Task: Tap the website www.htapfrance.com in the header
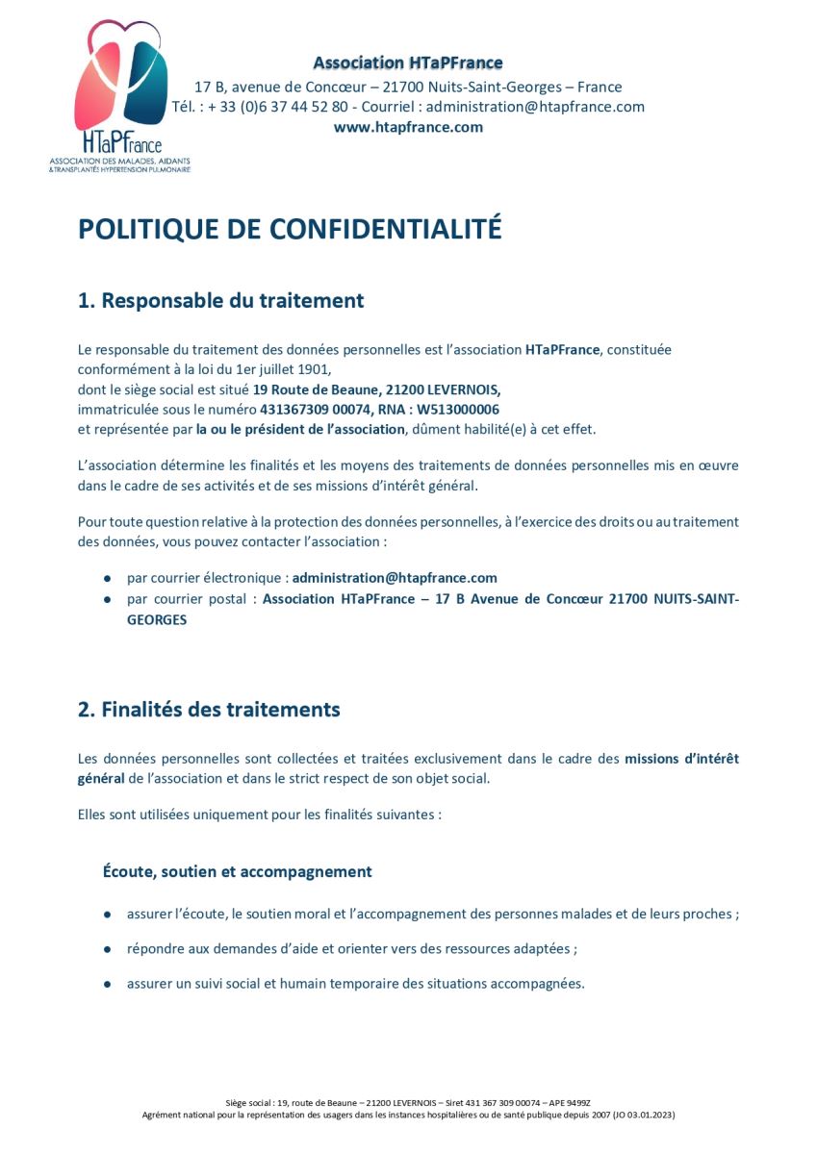[408, 127]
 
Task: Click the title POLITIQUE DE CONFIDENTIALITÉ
[290, 228]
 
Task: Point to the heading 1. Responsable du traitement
[220, 300]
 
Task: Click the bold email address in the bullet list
[395, 578]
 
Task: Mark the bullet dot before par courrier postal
[107, 599]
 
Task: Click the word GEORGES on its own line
[157, 620]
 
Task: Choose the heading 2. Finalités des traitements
[209, 710]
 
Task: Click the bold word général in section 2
[101, 778]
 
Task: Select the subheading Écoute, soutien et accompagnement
[237, 871]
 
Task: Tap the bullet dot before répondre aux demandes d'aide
[107, 949]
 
